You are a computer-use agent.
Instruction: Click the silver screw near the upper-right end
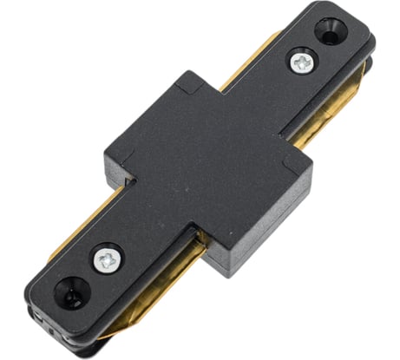pyautogui.click(x=302, y=62)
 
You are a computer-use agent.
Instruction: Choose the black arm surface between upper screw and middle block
pyautogui.click(x=260, y=95)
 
